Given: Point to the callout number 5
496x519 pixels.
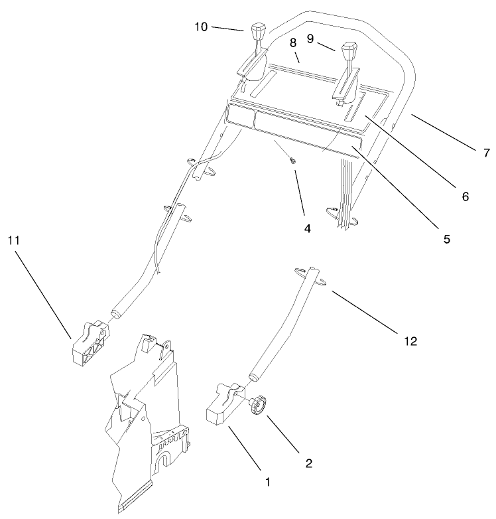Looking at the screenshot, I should coord(447,238).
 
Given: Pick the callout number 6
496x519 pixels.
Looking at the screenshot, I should coord(465,196).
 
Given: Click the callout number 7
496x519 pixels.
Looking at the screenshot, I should coord(486,154).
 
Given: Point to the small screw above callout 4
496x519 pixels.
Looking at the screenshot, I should coord(292,161).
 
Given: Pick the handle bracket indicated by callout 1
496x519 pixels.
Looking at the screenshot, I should coord(222,406).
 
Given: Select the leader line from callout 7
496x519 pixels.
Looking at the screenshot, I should coord(444,133).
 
